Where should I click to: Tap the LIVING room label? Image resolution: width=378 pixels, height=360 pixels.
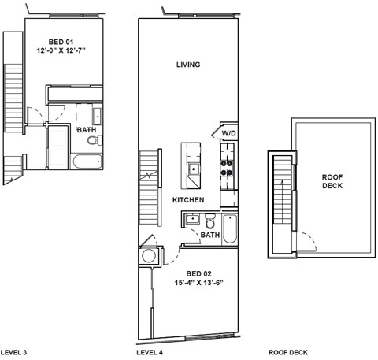pos(188,65)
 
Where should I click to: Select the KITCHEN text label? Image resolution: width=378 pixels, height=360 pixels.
pos(188,200)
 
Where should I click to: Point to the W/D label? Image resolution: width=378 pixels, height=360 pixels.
pos(228,134)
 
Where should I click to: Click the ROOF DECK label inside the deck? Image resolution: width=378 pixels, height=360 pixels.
pos(332,182)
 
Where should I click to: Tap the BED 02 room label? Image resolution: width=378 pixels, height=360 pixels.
pos(188,273)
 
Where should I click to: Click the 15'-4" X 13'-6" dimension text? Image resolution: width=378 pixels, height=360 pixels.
pos(188,283)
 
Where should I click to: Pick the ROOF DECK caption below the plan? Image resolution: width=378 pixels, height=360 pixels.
pos(288,352)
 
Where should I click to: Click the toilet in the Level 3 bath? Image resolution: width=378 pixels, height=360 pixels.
pos(93,140)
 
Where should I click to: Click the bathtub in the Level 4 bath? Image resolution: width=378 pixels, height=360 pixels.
pos(229,228)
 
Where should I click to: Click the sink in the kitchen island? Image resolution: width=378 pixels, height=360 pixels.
pos(192,168)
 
